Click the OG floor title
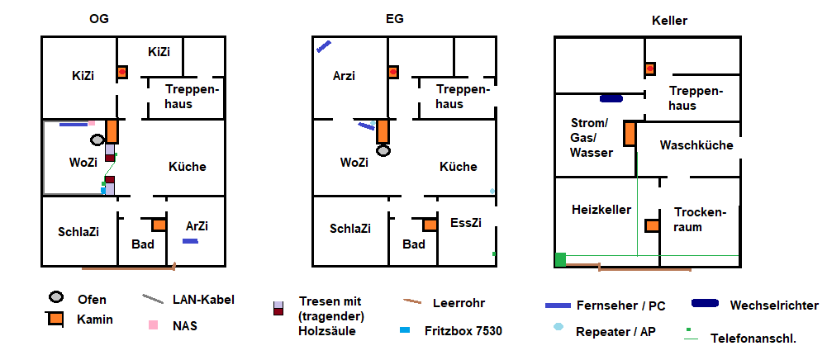tap(99, 19)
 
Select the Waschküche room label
tap(696, 145)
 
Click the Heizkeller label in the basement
tap(601, 210)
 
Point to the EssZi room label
tap(465, 223)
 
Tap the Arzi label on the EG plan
tap(344, 76)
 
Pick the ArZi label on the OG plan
tap(197, 225)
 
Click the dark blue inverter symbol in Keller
tap(611, 98)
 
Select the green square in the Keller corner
tap(560, 259)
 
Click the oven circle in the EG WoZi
tap(383, 151)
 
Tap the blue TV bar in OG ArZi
tap(190, 241)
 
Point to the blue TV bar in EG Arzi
tap(324, 47)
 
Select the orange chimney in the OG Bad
tap(159, 225)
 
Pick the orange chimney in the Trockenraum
tap(652, 225)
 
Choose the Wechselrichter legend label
tap(773, 306)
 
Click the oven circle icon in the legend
tap(55, 298)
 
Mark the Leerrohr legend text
tap(458, 303)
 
